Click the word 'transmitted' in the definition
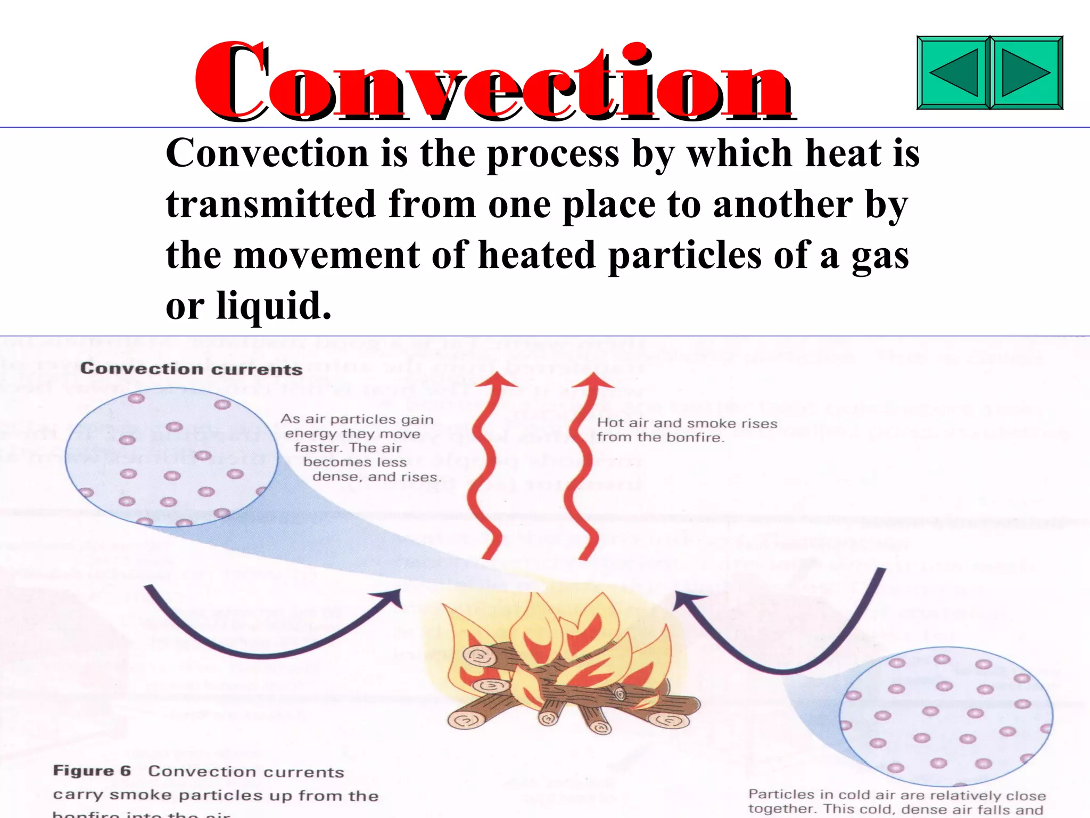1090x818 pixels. click(x=271, y=204)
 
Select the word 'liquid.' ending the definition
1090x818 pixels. click(x=274, y=306)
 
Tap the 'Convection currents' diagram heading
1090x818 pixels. click(x=191, y=369)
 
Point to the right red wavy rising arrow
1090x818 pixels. click(x=583, y=469)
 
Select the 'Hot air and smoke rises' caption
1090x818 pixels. click(x=687, y=430)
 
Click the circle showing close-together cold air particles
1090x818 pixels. click(x=945, y=716)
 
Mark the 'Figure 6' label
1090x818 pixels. click(x=92, y=771)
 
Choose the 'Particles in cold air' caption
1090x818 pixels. click(x=897, y=802)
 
